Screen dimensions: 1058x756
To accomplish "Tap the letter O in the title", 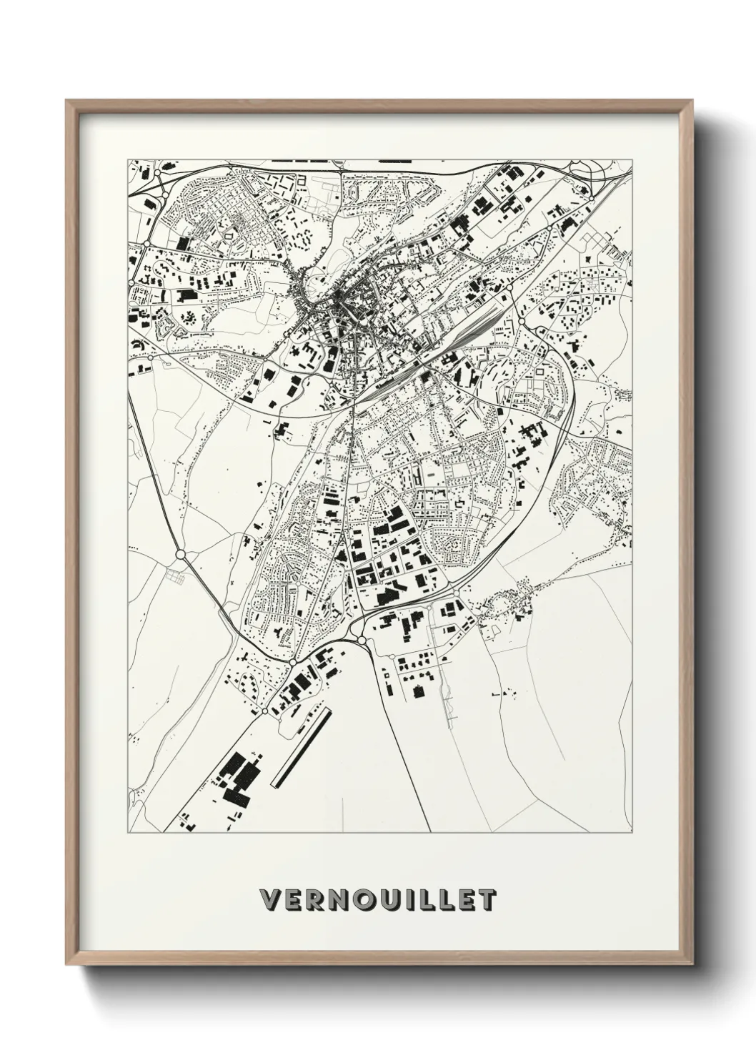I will pos(358,901).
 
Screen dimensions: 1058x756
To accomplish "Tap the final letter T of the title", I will pos(487,901).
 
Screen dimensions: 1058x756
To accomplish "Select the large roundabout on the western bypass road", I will pos(180,554).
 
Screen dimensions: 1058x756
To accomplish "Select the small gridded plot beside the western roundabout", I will pos(174,574).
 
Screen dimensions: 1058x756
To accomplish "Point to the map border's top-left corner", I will pos(128,159).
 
